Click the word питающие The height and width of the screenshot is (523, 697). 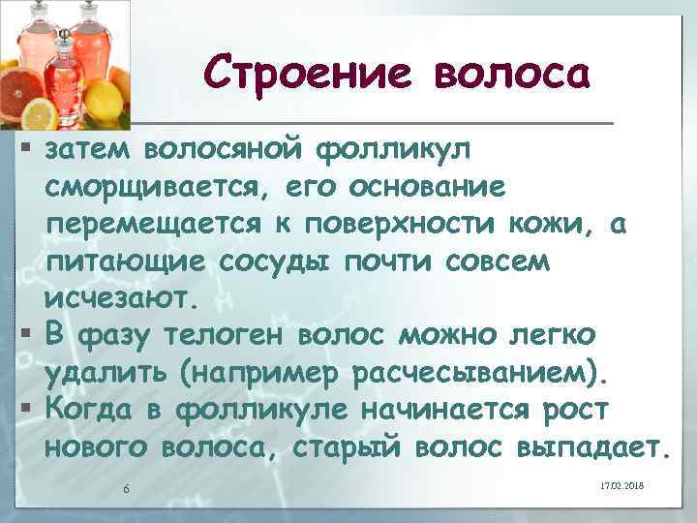(x=125, y=261)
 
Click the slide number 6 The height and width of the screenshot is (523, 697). (x=127, y=487)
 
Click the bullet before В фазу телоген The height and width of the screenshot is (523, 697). (x=26, y=332)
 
